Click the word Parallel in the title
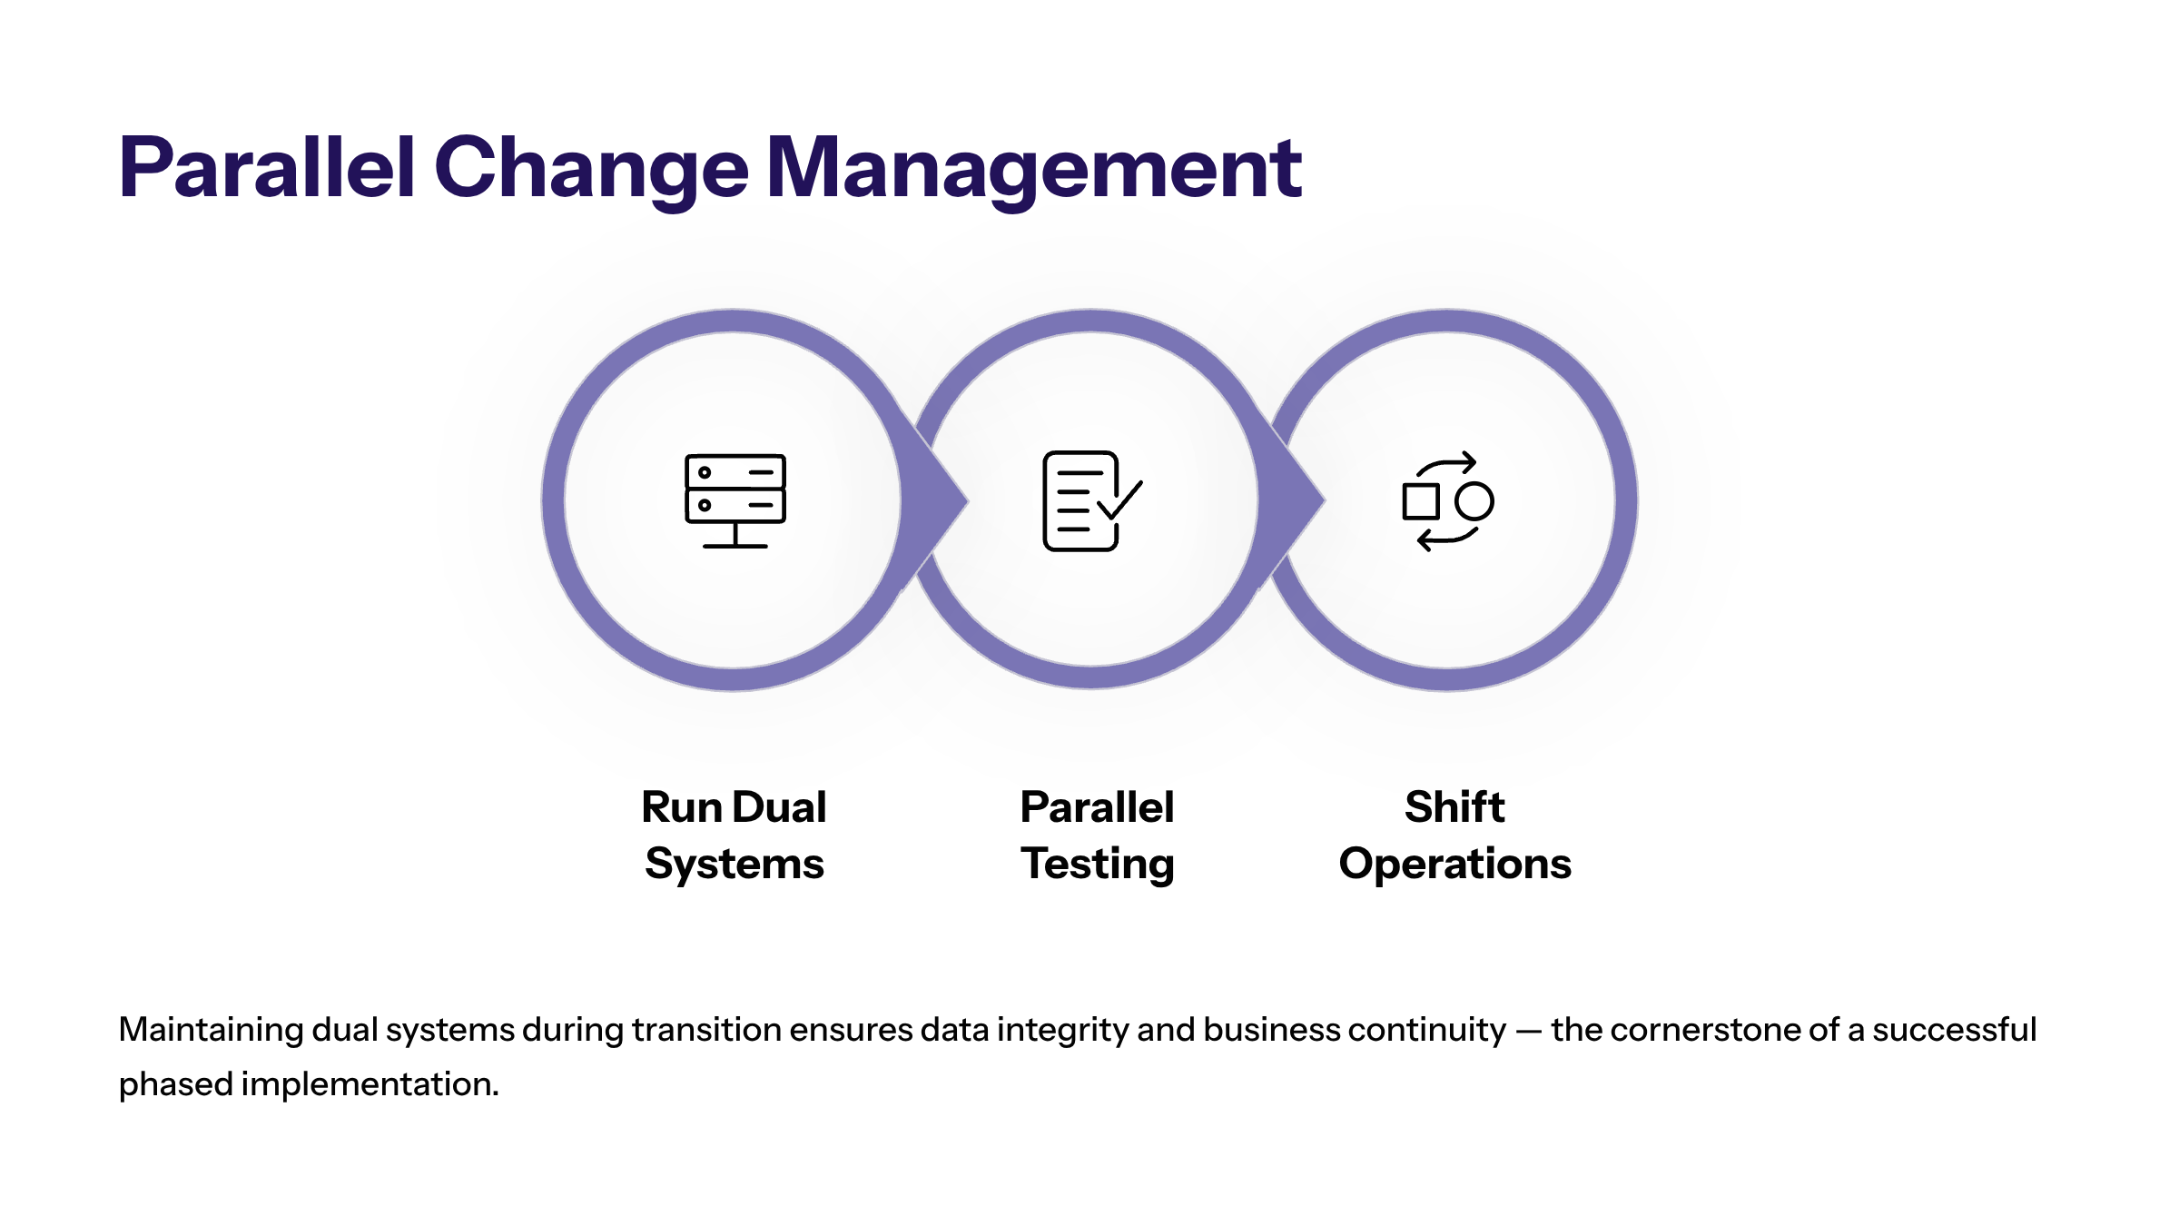pos(268,167)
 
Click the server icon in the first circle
pos(735,501)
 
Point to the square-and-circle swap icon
pos(1448,501)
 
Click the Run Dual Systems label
pos(735,835)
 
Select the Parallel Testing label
pos(1098,835)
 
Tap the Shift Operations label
pos(1455,835)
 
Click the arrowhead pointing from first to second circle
pos(940,499)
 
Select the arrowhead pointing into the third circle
pos(1297,499)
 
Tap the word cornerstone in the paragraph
pos(1704,1030)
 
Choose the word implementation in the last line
pos(370,1085)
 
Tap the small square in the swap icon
pos(1421,501)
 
